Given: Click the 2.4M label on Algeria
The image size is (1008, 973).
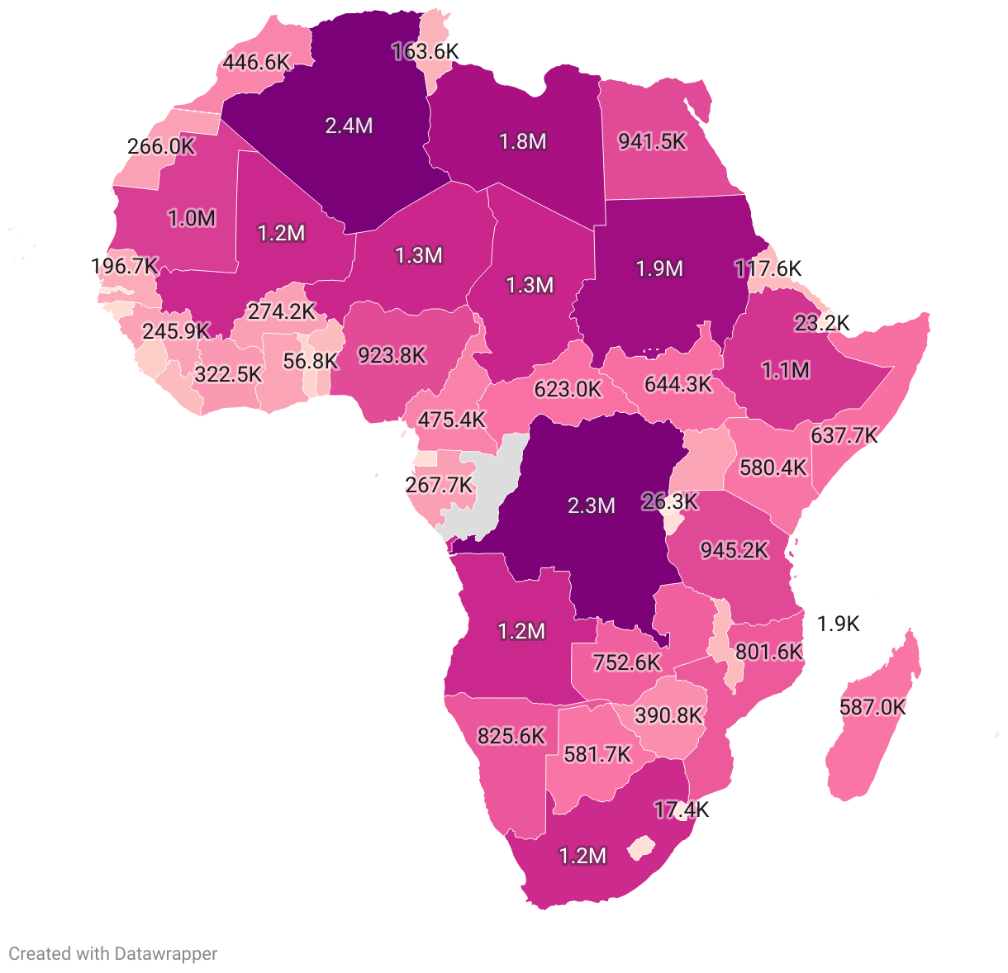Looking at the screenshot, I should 349,126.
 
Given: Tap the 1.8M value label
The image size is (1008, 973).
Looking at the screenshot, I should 522,141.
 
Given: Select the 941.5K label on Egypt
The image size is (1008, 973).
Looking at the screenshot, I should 652,141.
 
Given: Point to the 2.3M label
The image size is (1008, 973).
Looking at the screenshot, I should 591,505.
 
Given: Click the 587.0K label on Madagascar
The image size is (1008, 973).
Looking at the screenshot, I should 872,707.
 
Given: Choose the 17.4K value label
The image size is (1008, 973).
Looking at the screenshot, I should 681,809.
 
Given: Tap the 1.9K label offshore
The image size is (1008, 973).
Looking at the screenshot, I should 838,624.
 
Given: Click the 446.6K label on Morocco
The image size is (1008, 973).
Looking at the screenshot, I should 256,62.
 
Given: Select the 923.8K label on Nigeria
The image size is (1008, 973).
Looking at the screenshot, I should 392,355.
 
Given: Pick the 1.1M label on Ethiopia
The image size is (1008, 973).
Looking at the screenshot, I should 785,370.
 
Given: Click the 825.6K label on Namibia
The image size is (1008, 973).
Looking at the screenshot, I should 511,735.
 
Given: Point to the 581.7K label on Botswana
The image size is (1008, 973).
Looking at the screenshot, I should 597,754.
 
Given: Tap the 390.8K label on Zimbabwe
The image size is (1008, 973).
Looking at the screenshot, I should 668,715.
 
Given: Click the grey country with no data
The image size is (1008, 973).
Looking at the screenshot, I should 487,487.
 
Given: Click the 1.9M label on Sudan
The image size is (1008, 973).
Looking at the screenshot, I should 659,268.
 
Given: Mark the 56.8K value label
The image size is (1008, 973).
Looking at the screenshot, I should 310,361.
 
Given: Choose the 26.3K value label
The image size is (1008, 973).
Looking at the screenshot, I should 669,501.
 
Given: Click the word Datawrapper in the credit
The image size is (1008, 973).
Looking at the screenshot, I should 165,954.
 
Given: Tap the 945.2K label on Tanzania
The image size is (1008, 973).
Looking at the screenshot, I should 734,549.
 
